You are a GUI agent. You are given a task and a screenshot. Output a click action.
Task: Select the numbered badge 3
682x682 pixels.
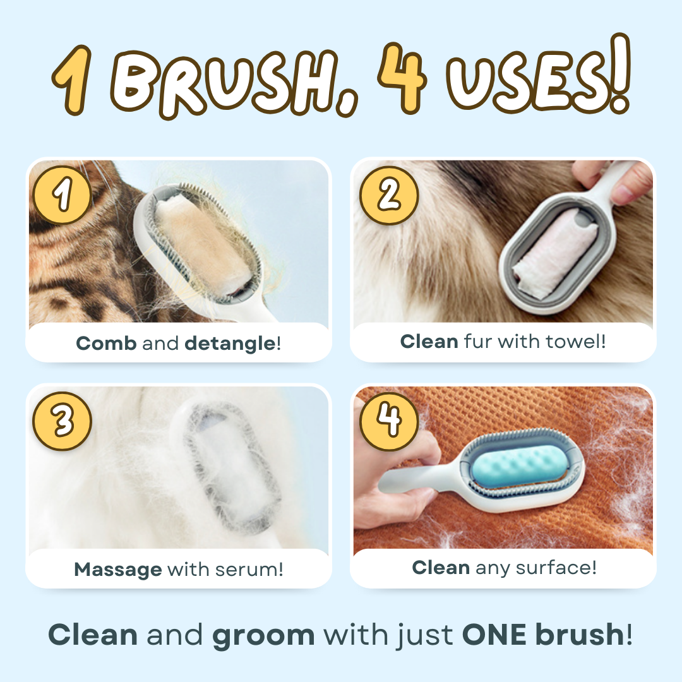(x=63, y=421)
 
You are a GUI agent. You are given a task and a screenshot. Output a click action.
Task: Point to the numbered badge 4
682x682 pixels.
(x=388, y=421)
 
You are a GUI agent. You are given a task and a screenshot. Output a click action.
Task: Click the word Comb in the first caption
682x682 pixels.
(x=106, y=344)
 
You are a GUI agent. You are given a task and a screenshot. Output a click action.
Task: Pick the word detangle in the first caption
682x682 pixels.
(x=230, y=344)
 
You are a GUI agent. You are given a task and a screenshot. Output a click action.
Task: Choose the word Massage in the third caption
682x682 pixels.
(x=118, y=570)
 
